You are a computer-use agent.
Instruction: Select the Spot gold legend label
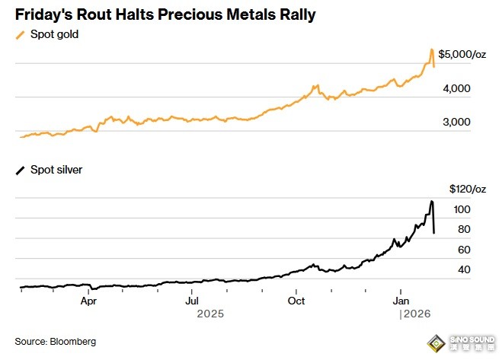tap(54, 34)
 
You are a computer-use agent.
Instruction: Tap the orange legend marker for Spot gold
tap(20, 34)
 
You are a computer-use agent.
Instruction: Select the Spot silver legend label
tap(56, 170)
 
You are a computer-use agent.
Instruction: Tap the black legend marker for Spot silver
tap(20, 170)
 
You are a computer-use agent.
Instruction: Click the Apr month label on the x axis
tap(88, 301)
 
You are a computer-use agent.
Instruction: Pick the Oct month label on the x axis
tap(296, 301)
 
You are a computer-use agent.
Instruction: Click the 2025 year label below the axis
tap(210, 314)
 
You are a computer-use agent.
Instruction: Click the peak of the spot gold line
tap(432, 49)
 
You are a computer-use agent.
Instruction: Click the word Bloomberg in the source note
tap(75, 341)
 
